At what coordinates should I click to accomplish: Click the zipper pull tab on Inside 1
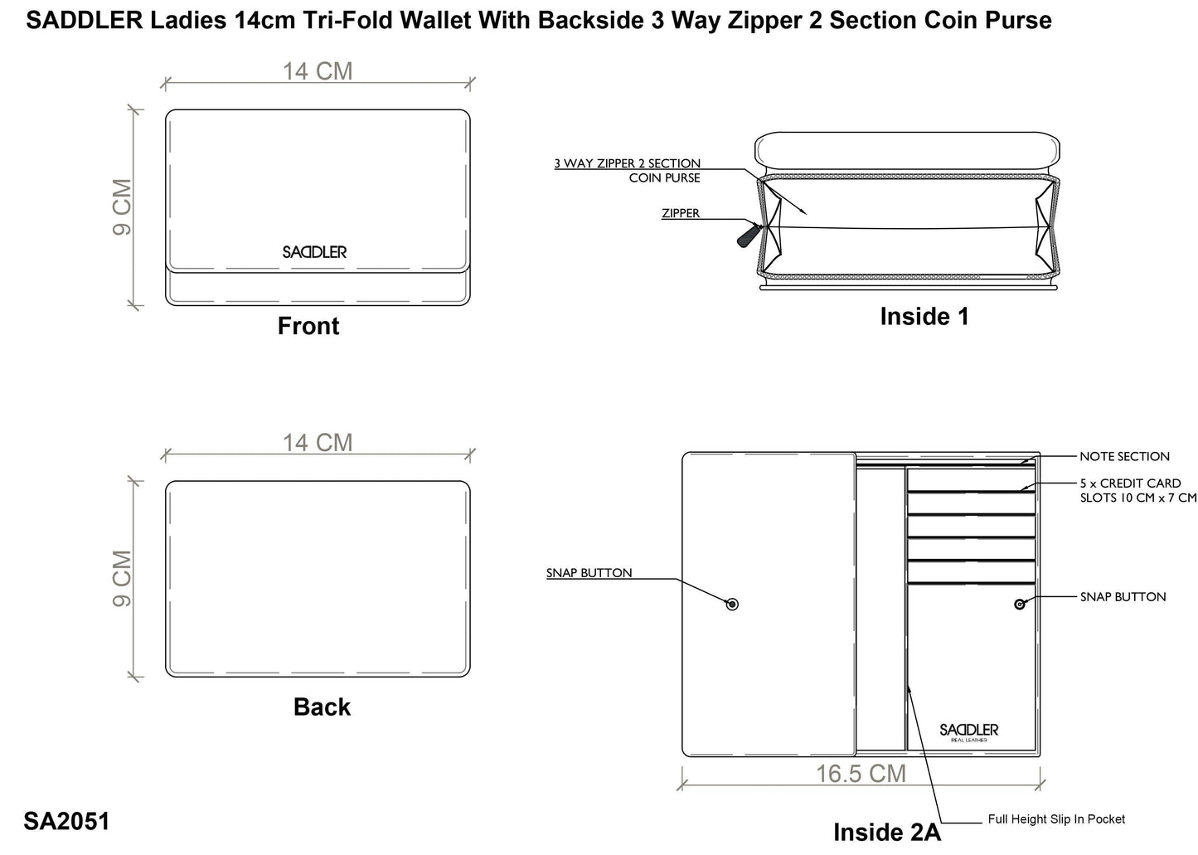745,236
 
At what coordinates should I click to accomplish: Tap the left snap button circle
732,605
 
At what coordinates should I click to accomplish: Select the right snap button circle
1020,605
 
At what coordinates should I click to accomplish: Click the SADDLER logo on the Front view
314,252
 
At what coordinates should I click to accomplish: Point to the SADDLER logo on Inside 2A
968,731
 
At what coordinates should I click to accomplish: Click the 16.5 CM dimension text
861,774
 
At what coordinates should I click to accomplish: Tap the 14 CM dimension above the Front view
318,72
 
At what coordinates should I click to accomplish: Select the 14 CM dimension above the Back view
318,443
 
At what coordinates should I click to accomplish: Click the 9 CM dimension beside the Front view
122,206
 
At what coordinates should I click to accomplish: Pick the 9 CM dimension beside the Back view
122,578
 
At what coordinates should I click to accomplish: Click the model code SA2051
66,821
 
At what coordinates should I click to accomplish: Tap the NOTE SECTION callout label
1124,457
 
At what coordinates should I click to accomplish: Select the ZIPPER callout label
681,214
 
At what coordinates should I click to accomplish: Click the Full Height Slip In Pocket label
1056,819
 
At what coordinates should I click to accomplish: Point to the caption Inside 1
924,317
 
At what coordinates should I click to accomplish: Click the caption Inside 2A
886,833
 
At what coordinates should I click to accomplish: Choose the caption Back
322,707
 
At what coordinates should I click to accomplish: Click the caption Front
308,327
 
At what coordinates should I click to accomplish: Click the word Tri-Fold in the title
354,21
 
